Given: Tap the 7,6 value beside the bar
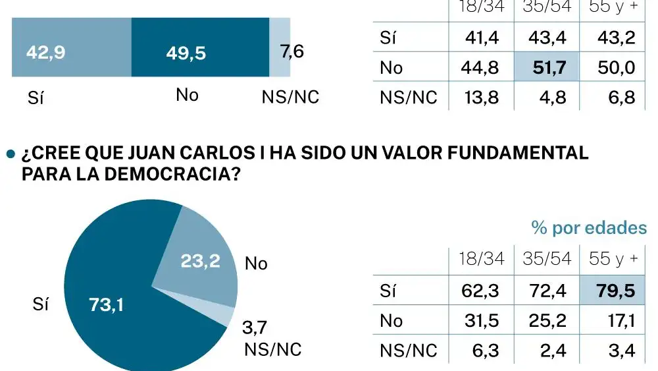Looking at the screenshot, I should (x=292, y=51).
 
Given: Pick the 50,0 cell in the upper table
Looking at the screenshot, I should (x=617, y=67).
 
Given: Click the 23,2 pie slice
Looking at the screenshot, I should (x=200, y=261).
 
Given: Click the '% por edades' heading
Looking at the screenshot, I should (x=589, y=228).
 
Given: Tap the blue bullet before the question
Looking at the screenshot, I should (x=10, y=154).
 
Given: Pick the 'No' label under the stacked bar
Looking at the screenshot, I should (x=188, y=96).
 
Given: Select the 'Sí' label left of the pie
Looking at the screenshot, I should (x=41, y=305).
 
